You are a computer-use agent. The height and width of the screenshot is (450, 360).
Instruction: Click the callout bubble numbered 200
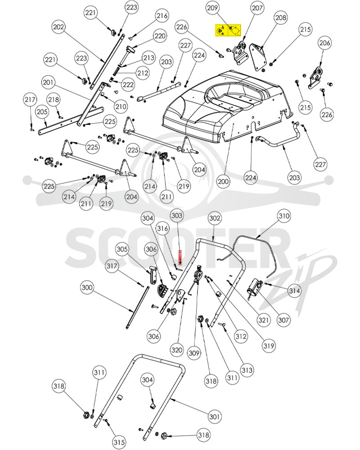[x=223, y=181]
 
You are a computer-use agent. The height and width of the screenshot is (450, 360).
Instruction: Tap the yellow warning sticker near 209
[x=228, y=30]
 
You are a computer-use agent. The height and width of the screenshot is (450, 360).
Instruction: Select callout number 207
[x=257, y=8]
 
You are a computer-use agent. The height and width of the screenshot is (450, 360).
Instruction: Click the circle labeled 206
[x=325, y=43]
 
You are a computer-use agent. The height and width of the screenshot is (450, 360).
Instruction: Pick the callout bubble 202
[x=58, y=27]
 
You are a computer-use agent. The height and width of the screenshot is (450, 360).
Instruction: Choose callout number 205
[x=42, y=112]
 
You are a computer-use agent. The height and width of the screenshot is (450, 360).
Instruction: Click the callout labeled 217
[x=30, y=99]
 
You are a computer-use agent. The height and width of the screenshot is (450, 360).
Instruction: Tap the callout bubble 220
[x=160, y=36]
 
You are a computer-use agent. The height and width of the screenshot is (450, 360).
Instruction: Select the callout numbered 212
[x=143, y=73]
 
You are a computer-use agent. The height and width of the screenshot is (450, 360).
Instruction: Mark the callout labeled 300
[x=87, y=288]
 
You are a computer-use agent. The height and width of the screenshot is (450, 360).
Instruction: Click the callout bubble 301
[x=215, y=416]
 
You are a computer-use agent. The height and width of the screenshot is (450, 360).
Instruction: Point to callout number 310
[x=284, y=216]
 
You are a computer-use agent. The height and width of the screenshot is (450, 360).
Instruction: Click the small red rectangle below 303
[x=180, y=257]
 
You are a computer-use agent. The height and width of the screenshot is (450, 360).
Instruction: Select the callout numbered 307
[x=283, y=319]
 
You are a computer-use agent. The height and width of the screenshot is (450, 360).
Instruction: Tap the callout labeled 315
[x=119, y=442]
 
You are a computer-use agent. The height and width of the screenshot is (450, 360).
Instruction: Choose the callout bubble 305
[x=122, y=249]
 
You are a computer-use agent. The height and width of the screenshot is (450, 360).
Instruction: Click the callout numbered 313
[x=247, y=370]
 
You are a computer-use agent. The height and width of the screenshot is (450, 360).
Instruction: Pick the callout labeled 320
[x=176, y=350]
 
